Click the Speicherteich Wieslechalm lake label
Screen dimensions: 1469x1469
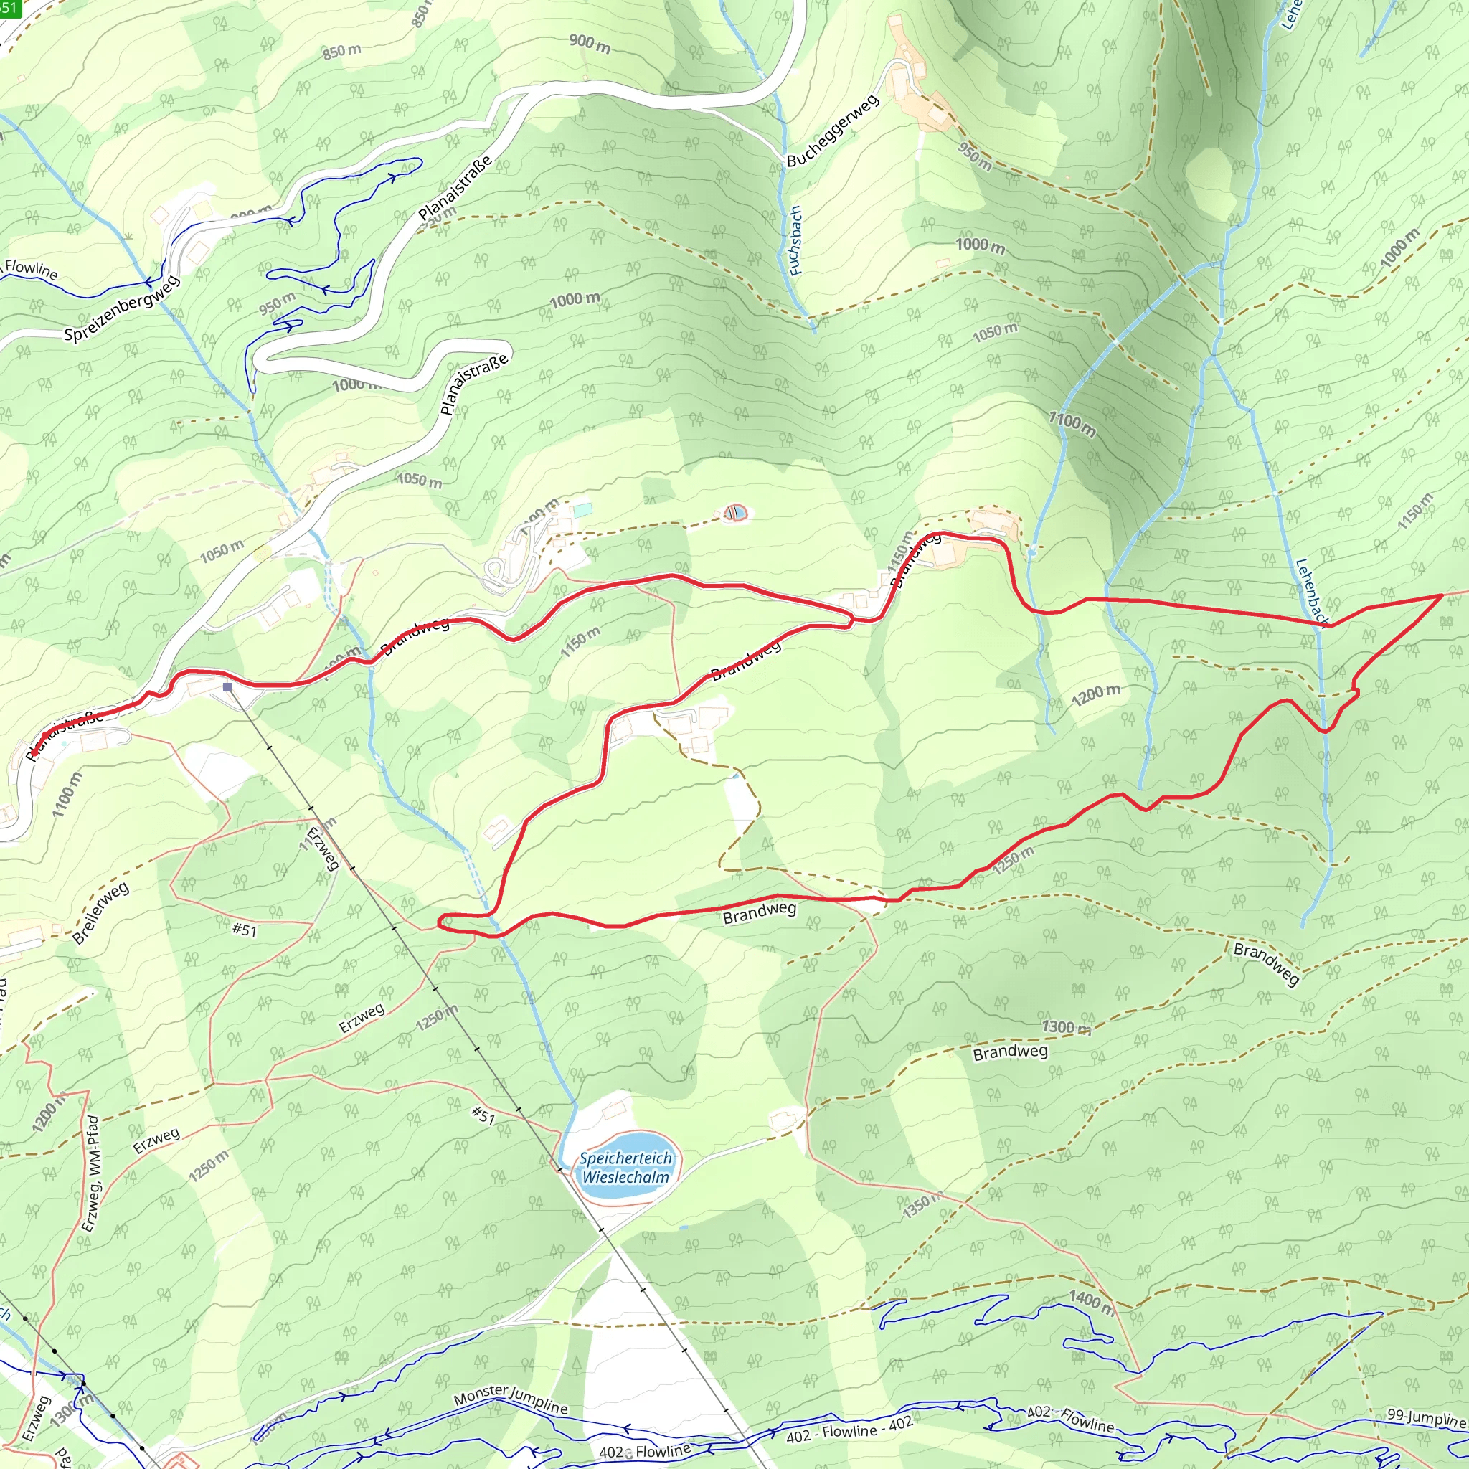pos(625,1168)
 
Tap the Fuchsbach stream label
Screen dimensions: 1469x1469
pos(795,240)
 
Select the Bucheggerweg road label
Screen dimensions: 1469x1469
pos(833,131)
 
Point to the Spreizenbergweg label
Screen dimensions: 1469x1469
pos(122,308)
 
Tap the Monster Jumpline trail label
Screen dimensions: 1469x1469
pos(510,1398)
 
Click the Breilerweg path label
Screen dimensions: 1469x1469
pos(100,912)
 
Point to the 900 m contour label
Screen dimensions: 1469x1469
pos(590,43)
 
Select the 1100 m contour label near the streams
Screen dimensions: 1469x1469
pos(1072,423)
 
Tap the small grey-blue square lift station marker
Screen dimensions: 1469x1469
pos(227,687)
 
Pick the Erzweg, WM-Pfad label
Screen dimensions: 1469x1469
pos(90,1174)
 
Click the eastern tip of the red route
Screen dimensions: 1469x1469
pos(1442,596)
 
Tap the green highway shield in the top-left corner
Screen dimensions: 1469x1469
pos(10,9)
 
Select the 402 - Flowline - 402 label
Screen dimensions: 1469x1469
pos(849,1430)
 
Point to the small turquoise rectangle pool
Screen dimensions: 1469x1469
pos(582,510)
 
